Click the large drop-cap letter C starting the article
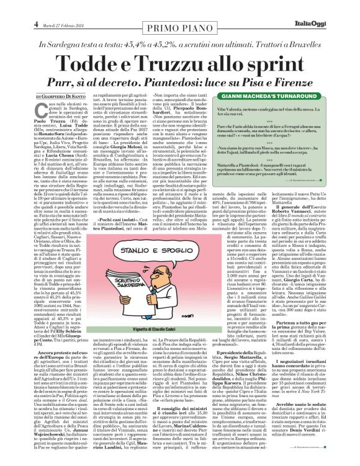pyautogui.click(x=20, y=110)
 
